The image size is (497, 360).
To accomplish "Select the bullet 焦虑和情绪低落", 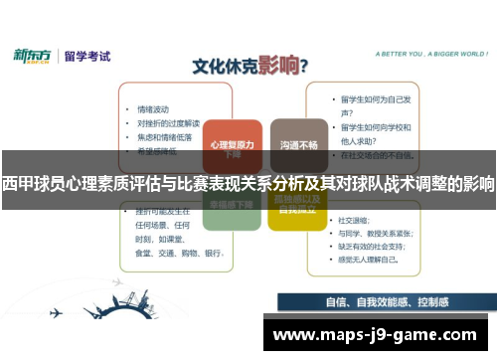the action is (164, 136).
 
